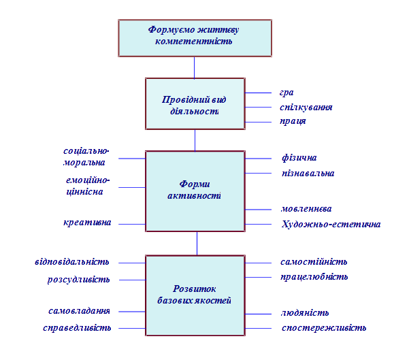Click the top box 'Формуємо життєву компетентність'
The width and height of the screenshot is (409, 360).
tap(194, 37)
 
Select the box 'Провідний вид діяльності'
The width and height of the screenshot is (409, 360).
tap(195, 103)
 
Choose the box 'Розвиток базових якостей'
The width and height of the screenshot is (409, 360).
tap(195, 295)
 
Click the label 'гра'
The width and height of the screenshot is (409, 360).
tap(287, 93)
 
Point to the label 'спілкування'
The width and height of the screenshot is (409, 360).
tap(306, 107)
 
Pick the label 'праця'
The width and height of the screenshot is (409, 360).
tap(293, 121)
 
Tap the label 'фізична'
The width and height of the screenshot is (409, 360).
tap(299, 158)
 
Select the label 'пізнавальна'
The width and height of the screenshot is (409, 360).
tap(308, 173)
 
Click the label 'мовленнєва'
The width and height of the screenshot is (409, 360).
tap(306, 208)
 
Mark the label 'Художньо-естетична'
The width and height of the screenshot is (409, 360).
tap(330, 224)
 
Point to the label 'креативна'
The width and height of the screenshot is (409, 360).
tap(86, 223)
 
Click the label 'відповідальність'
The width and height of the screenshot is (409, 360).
tap(71, 261)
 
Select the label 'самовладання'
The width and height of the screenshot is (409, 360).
tap(79, 311)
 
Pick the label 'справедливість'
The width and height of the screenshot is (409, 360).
tap(77, 328)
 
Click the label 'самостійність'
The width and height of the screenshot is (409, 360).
tap(314, 261)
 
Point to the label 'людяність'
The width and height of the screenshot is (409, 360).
tap(305, 312)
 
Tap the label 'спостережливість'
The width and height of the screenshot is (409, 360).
tap(324, 328)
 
